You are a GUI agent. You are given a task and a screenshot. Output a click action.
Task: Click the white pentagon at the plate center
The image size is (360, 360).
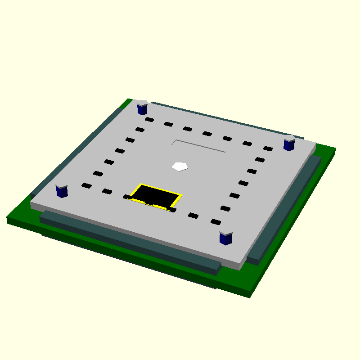pyautogui.click(x=180, y=166)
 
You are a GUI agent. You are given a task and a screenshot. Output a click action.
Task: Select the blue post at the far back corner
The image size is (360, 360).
pyautogui.click(x=142, y=109)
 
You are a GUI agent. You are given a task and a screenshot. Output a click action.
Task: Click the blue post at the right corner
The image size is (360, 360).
pyautogui.click(x=289, y=144)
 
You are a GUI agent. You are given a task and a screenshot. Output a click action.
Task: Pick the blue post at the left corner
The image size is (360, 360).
pyautogui.click(x=62, y=192)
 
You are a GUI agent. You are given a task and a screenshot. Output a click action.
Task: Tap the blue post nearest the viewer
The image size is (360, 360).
pyautogui.click(x=225, y=238)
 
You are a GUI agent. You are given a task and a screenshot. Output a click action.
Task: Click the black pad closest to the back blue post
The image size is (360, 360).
pyautogui.click(x=149, y=120)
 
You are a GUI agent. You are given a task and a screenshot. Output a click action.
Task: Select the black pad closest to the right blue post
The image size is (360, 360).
pyautogui.click(x=268, y=148)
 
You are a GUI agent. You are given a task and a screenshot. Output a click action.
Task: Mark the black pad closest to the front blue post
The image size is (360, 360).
pyautogui.click(x=216, y=222)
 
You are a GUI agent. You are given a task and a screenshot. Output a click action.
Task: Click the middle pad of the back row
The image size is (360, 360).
pyautogui.click(x=207, y=134)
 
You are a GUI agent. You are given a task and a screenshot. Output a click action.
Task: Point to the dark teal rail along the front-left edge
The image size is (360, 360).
pyautogui.click(x=130, y=245)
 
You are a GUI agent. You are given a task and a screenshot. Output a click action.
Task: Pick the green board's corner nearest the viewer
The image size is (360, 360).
pyautogui.click(x=250, y=295)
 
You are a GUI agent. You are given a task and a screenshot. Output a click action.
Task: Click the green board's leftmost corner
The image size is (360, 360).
pyautogui.click(x=7, y=219)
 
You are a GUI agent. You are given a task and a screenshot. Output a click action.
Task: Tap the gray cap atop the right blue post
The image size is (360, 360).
pyautogui.click(x=289, y=138)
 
